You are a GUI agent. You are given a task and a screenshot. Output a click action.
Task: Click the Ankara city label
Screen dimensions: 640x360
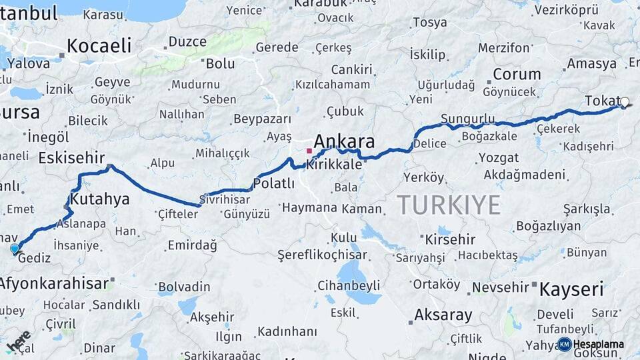tap(343, 141)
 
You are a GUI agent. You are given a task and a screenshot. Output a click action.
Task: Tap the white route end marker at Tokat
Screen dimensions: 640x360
tap(625, 103)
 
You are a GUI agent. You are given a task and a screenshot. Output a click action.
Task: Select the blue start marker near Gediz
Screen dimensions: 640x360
tap(15, 249)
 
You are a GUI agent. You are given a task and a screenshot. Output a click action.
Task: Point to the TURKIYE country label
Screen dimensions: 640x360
tap(449, 205)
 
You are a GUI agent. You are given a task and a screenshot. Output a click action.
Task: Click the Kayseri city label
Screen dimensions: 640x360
tap(571, 289)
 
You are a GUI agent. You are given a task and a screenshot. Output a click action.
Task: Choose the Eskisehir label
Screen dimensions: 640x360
tap(72, 158)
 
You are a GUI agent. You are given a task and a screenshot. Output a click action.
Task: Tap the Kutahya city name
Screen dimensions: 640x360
tap(100, 199)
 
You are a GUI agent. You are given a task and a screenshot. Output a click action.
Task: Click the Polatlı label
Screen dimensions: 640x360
tap(274, 183)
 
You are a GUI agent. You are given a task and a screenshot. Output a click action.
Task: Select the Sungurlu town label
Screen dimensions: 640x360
tap(468, 119)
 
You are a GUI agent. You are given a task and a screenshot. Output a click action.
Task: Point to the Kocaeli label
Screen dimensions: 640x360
tap(99, 45)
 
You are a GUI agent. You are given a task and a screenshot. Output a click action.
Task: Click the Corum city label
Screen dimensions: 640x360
tap(517, 74)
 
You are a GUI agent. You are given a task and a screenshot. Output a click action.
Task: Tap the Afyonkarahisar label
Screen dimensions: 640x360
tap(53, 283)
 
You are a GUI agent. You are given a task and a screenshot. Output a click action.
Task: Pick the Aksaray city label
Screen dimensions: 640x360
tap(443, 314)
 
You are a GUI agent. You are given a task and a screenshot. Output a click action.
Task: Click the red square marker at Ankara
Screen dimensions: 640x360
tap(309, 151)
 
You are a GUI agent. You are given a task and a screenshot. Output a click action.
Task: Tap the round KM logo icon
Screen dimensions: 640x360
tap(565, 345)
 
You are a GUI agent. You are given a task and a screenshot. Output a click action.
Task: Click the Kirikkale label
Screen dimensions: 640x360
tap(339, 165)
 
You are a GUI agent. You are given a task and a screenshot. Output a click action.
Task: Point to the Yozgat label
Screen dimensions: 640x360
tap(498, 158)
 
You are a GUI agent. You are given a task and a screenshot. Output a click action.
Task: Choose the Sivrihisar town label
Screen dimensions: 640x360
tap(225, 199)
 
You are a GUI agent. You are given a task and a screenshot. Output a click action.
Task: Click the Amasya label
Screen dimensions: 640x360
tap(591, 64)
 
